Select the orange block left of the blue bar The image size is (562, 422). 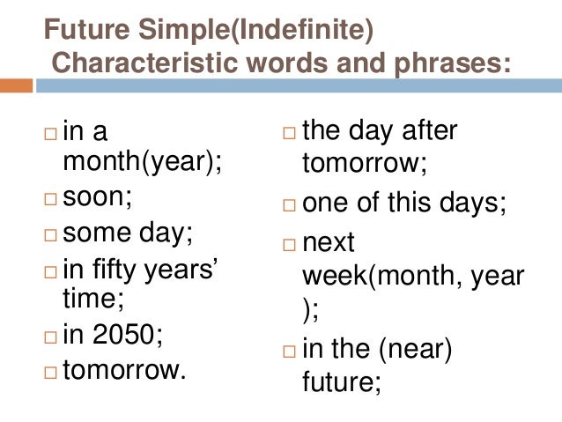pyautogui.click(x=17, y=86)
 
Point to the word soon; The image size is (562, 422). pyautogui.click(x=97, y=196)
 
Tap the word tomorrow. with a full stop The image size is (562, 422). pyautogui.click(x=125, y=370)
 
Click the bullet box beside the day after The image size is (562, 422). pyautogui.click(x=291, y=134)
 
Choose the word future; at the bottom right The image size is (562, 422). pyautogui.click(x=341, y=383)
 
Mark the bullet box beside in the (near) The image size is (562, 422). pyautogui.click(x=291, y=352)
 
